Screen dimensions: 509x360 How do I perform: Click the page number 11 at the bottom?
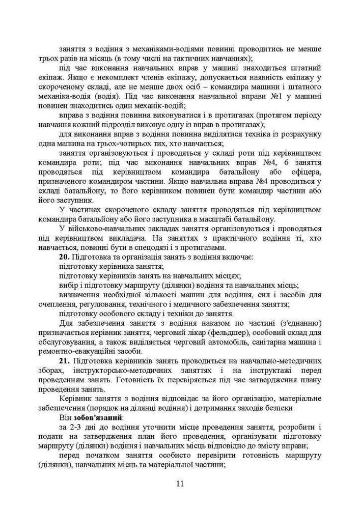point(180,483)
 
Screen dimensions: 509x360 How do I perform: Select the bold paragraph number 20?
point(64,256)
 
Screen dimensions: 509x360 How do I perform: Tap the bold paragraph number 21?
point(64,360)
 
